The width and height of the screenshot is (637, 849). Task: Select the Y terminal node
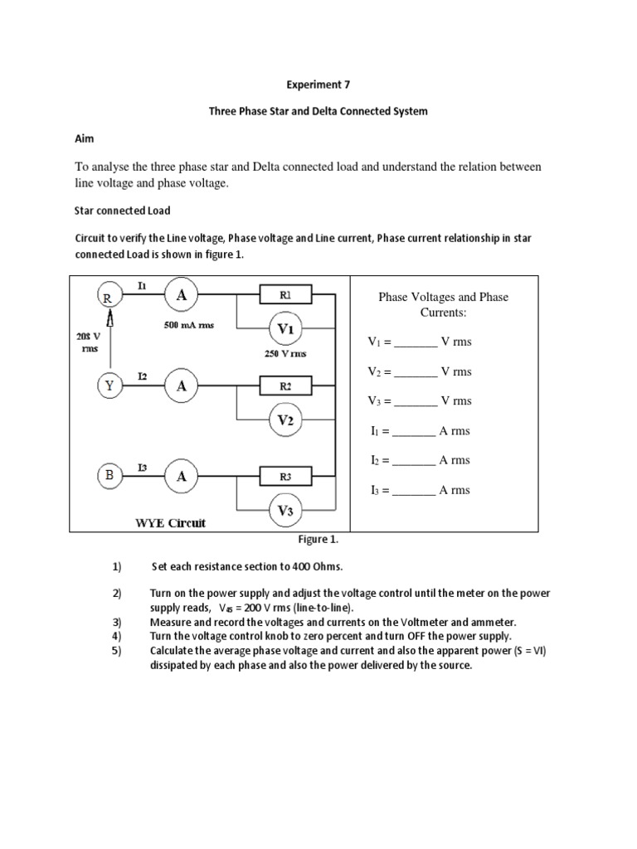coord(108,385)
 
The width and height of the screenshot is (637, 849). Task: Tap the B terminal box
coord(108,475)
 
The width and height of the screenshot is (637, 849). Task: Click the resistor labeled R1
coord(284,294)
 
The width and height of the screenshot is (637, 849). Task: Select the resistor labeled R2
coord(284,386)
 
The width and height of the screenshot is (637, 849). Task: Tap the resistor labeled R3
coord(284,476)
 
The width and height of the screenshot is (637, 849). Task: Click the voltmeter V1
coord(285,329)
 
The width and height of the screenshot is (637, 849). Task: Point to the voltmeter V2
coord(285,420)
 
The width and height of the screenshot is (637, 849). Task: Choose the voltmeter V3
coord(285,511)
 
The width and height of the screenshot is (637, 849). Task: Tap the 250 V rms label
coord(284,354)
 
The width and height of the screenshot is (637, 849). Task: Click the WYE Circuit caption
coord(170,523)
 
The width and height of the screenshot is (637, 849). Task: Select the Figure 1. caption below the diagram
coord(318,539)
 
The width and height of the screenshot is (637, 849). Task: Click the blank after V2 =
coord(415,372)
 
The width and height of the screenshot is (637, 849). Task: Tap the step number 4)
coord(116,636)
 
